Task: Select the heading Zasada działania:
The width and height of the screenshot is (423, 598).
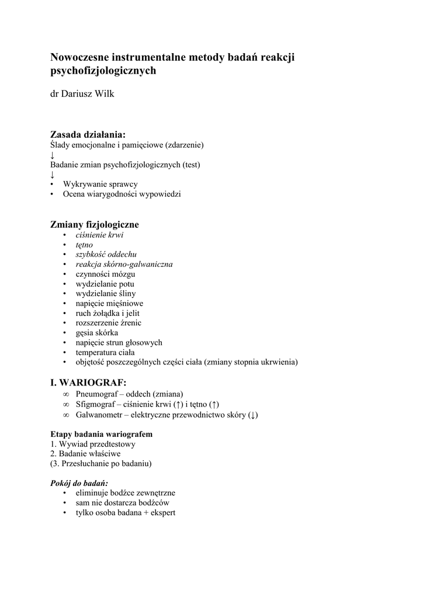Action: pyautogui.click(x=88, y=134)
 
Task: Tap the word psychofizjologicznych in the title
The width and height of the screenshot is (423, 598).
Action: pyautogui.click(x=103, y=71)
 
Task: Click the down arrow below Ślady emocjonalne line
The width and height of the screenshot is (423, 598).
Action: pyautogui.click(x=53, y=155)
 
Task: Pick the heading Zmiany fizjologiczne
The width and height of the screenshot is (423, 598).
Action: pyautogui.click(x=95, y=224)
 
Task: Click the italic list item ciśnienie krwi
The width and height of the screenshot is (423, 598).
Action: pyautogui.click(x=99, y=235)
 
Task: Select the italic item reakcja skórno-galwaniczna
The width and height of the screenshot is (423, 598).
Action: pyautogui.click(x=124, y=264)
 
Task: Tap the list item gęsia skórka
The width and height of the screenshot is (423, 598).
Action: pyautogui.click(x=96, y=332)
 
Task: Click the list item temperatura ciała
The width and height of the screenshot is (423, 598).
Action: pyautogui.click(x=105, y=352)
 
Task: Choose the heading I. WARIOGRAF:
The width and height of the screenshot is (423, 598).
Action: pyautogui.click(x=88, y=383)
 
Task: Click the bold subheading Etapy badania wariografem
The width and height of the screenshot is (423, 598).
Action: pyautogui.click(x=102, y=434)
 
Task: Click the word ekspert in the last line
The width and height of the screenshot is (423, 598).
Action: pyautogui.click(x=164, y=512)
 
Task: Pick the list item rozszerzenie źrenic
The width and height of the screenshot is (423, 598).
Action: pyautogui.click(x=108, y=322)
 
